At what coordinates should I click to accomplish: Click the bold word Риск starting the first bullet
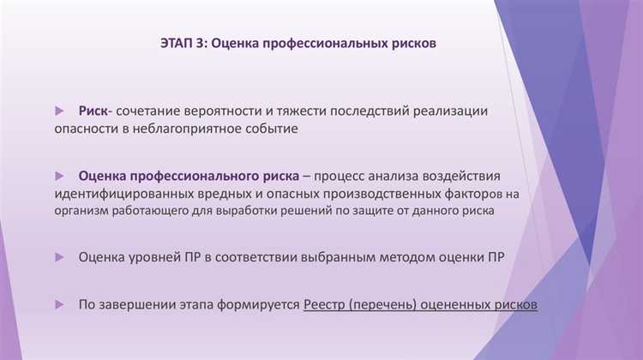coord(93,111)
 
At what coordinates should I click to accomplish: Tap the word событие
coord(270,129)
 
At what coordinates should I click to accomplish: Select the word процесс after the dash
coord(343,176)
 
